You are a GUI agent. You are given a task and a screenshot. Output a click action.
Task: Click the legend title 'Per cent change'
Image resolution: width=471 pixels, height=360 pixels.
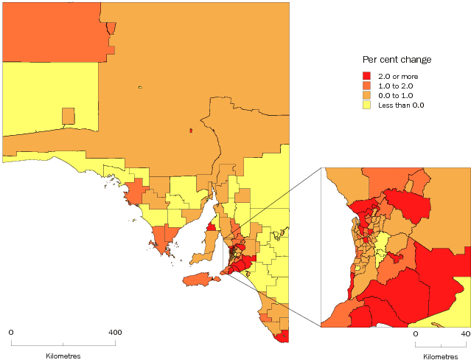(x=397, y=59)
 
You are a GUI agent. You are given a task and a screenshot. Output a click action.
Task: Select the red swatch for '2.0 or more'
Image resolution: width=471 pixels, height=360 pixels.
(x=366, y=76)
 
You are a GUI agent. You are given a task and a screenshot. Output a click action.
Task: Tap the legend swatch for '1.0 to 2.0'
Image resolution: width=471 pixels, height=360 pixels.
(x=366, y=86)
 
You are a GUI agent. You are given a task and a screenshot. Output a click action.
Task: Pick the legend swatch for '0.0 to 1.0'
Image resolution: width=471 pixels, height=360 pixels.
(x=366, y=95)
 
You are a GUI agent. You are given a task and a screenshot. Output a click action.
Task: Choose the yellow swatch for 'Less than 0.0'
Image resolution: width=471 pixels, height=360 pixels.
(x=366, y=105)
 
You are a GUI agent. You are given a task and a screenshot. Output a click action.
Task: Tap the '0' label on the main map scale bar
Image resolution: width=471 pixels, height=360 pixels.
(x=10, y=332)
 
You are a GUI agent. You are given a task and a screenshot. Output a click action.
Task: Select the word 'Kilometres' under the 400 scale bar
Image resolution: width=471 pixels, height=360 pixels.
(x=63, y=356)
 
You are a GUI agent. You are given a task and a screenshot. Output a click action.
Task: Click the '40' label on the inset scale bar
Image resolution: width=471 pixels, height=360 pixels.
(x=465, y=333)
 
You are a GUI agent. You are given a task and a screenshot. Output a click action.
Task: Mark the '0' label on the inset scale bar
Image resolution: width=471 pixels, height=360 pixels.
(x=415, y=333)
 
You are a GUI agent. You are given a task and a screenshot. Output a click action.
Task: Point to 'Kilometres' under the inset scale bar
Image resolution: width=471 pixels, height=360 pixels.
(x=441, y=356)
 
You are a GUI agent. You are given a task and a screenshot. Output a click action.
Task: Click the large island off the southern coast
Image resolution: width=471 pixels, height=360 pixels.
(x=200, y=280)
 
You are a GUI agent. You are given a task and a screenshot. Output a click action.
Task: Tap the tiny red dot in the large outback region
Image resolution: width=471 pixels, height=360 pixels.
(x=191, y=131)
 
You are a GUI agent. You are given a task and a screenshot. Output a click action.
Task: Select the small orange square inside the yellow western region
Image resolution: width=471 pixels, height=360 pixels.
(x=68, y=116)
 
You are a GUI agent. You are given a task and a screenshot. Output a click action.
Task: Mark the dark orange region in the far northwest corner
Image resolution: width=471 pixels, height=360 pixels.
(x=52, y=30)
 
